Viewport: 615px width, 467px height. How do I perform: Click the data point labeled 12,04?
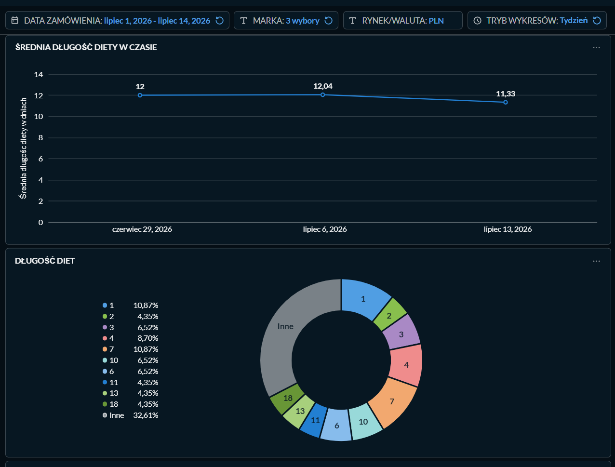tap(322, 95)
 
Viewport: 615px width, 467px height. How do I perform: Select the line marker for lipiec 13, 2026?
tap(506, 102)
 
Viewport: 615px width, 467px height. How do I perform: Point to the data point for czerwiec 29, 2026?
tap(140, 95)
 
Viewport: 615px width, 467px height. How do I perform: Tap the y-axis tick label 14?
tap(39, 75)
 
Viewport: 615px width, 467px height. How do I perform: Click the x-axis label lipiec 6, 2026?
tap(325, 229)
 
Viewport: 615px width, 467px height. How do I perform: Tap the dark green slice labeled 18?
tap(287, 399)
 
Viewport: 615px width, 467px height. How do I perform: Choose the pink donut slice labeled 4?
tap(406, 365)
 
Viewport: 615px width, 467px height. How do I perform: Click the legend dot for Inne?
tap(105, 415)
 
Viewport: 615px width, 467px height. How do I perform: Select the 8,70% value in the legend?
tap(147, 338)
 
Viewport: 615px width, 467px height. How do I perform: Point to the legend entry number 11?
tap(114, 382)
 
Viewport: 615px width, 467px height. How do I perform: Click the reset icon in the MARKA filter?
tap(328, 20)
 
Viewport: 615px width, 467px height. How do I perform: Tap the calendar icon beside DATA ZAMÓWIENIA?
tap(15, 20)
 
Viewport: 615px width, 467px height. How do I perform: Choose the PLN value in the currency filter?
tap(436, 20)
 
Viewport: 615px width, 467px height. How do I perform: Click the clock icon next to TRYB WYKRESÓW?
tap(478, 20)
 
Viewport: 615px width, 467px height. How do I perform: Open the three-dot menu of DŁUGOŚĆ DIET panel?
tap(596, 261)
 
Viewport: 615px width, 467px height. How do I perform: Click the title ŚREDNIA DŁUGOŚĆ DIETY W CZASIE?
tap(86, 47)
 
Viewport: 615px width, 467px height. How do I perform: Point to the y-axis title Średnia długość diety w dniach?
tap(24, 148)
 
